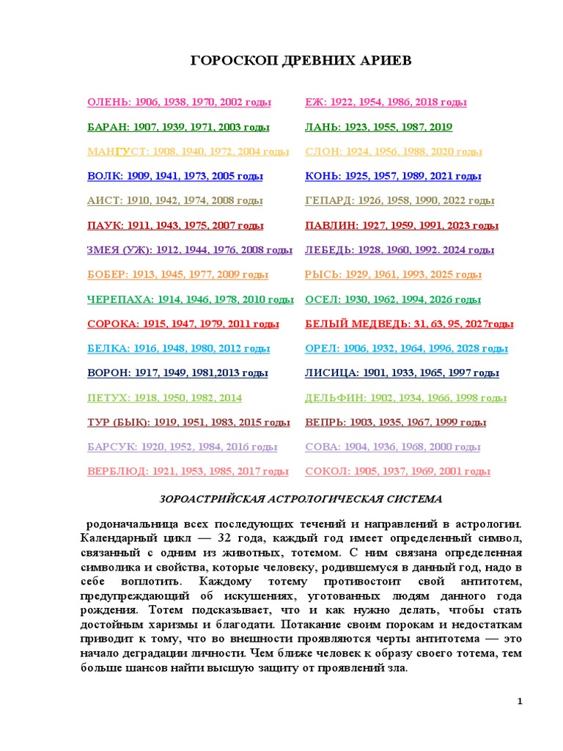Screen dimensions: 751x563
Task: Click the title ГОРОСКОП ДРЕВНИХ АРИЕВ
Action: pos(301,60)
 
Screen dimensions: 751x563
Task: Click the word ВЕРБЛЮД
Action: pos(115,472)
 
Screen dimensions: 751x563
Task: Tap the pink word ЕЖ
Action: pos(315,103)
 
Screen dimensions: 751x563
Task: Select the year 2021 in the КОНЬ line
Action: pos(444,177)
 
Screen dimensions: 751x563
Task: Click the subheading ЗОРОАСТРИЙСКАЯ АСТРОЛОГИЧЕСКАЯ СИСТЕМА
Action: pos(301,499)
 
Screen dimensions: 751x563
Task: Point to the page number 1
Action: pos(519,702)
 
